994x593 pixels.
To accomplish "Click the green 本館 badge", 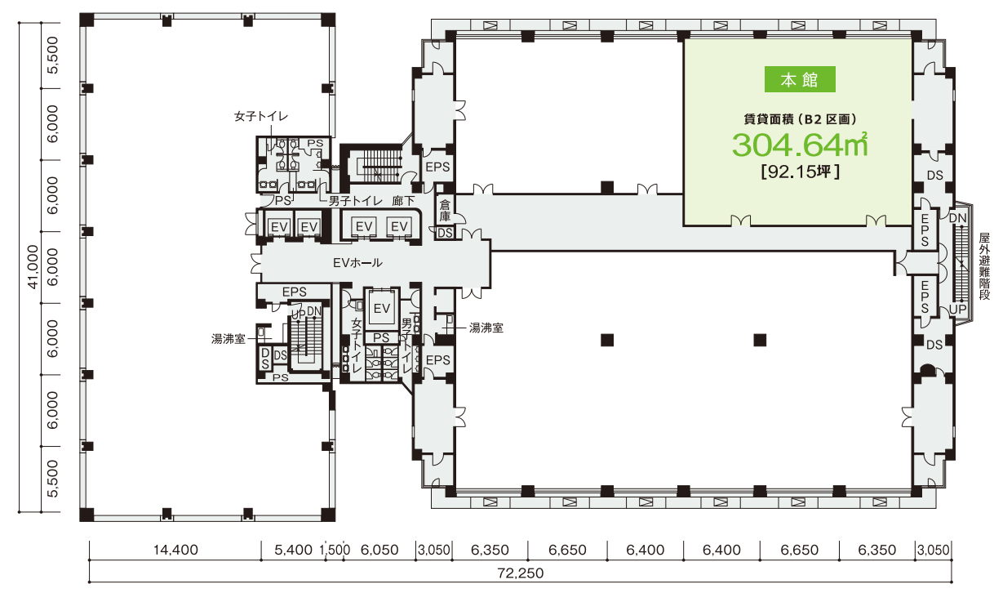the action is [x=800, y=79].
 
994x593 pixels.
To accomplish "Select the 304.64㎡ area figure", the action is [x=800, y=145].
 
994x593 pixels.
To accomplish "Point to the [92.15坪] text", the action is [x=800, y=172].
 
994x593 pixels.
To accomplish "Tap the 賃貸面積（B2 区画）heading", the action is [x=800, y=119].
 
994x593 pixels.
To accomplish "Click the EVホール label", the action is [x=357, y=263].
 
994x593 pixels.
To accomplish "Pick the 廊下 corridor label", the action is [x=403, y=201].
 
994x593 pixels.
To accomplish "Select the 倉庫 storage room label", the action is [x=445, y=210].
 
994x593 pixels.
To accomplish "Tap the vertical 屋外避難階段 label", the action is [x=983, y=266].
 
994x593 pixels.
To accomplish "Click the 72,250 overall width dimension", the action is [x=521, y=573].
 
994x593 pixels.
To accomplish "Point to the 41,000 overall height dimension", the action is [x=33, y=266].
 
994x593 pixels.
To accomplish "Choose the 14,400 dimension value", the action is [x=175, y=550].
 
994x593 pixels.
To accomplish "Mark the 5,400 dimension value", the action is [x=293, y=550].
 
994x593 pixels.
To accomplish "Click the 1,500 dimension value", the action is [x=335, y=550].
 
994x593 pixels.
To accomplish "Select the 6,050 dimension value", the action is [x=379, y=550].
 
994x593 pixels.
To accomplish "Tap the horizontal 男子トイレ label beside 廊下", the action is [x=356, y=201].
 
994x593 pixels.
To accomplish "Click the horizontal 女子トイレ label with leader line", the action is [x=261, y=116].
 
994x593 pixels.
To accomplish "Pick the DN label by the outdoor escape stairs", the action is [x=957, y=218].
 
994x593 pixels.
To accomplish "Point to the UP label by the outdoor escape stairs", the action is [x=957, y=309].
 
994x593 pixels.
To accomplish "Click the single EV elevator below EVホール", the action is [x=382, y=308].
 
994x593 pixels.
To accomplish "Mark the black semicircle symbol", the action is [x=927, y=369].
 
